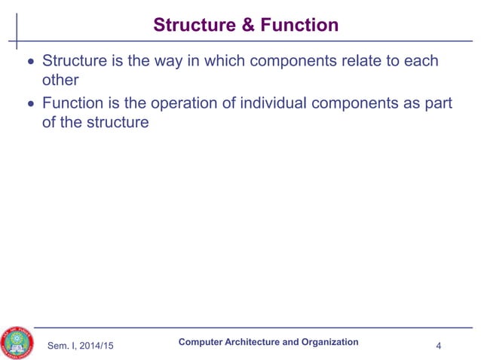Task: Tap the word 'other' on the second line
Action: (x=60, y=80)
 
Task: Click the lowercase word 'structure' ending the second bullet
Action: (x=116, y=121)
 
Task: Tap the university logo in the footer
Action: (x=19, y=343)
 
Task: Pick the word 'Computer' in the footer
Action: (x=201, y=342)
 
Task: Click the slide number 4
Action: (x=439, y=346)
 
